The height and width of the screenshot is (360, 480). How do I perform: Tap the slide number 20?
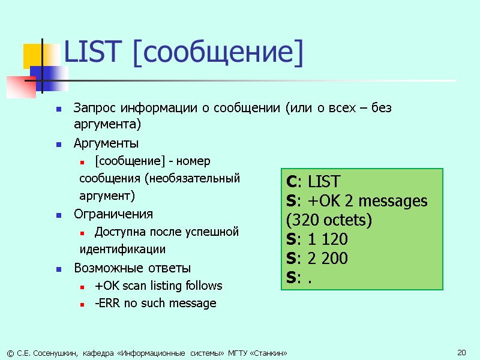tap(461, 352)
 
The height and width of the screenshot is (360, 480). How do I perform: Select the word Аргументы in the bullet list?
tap(106, 143)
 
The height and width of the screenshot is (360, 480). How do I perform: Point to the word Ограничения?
tap(113, 214)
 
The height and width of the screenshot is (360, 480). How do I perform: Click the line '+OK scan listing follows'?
tap(158, 286)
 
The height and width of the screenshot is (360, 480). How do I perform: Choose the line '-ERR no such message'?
tap(155, 304)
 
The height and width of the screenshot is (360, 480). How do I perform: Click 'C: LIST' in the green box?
tap(313, 182)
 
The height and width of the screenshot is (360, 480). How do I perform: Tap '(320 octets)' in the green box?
tap(329, 220)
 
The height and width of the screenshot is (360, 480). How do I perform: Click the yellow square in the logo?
tap(34, 55)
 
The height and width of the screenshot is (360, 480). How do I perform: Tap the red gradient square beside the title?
tap(20, 87)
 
